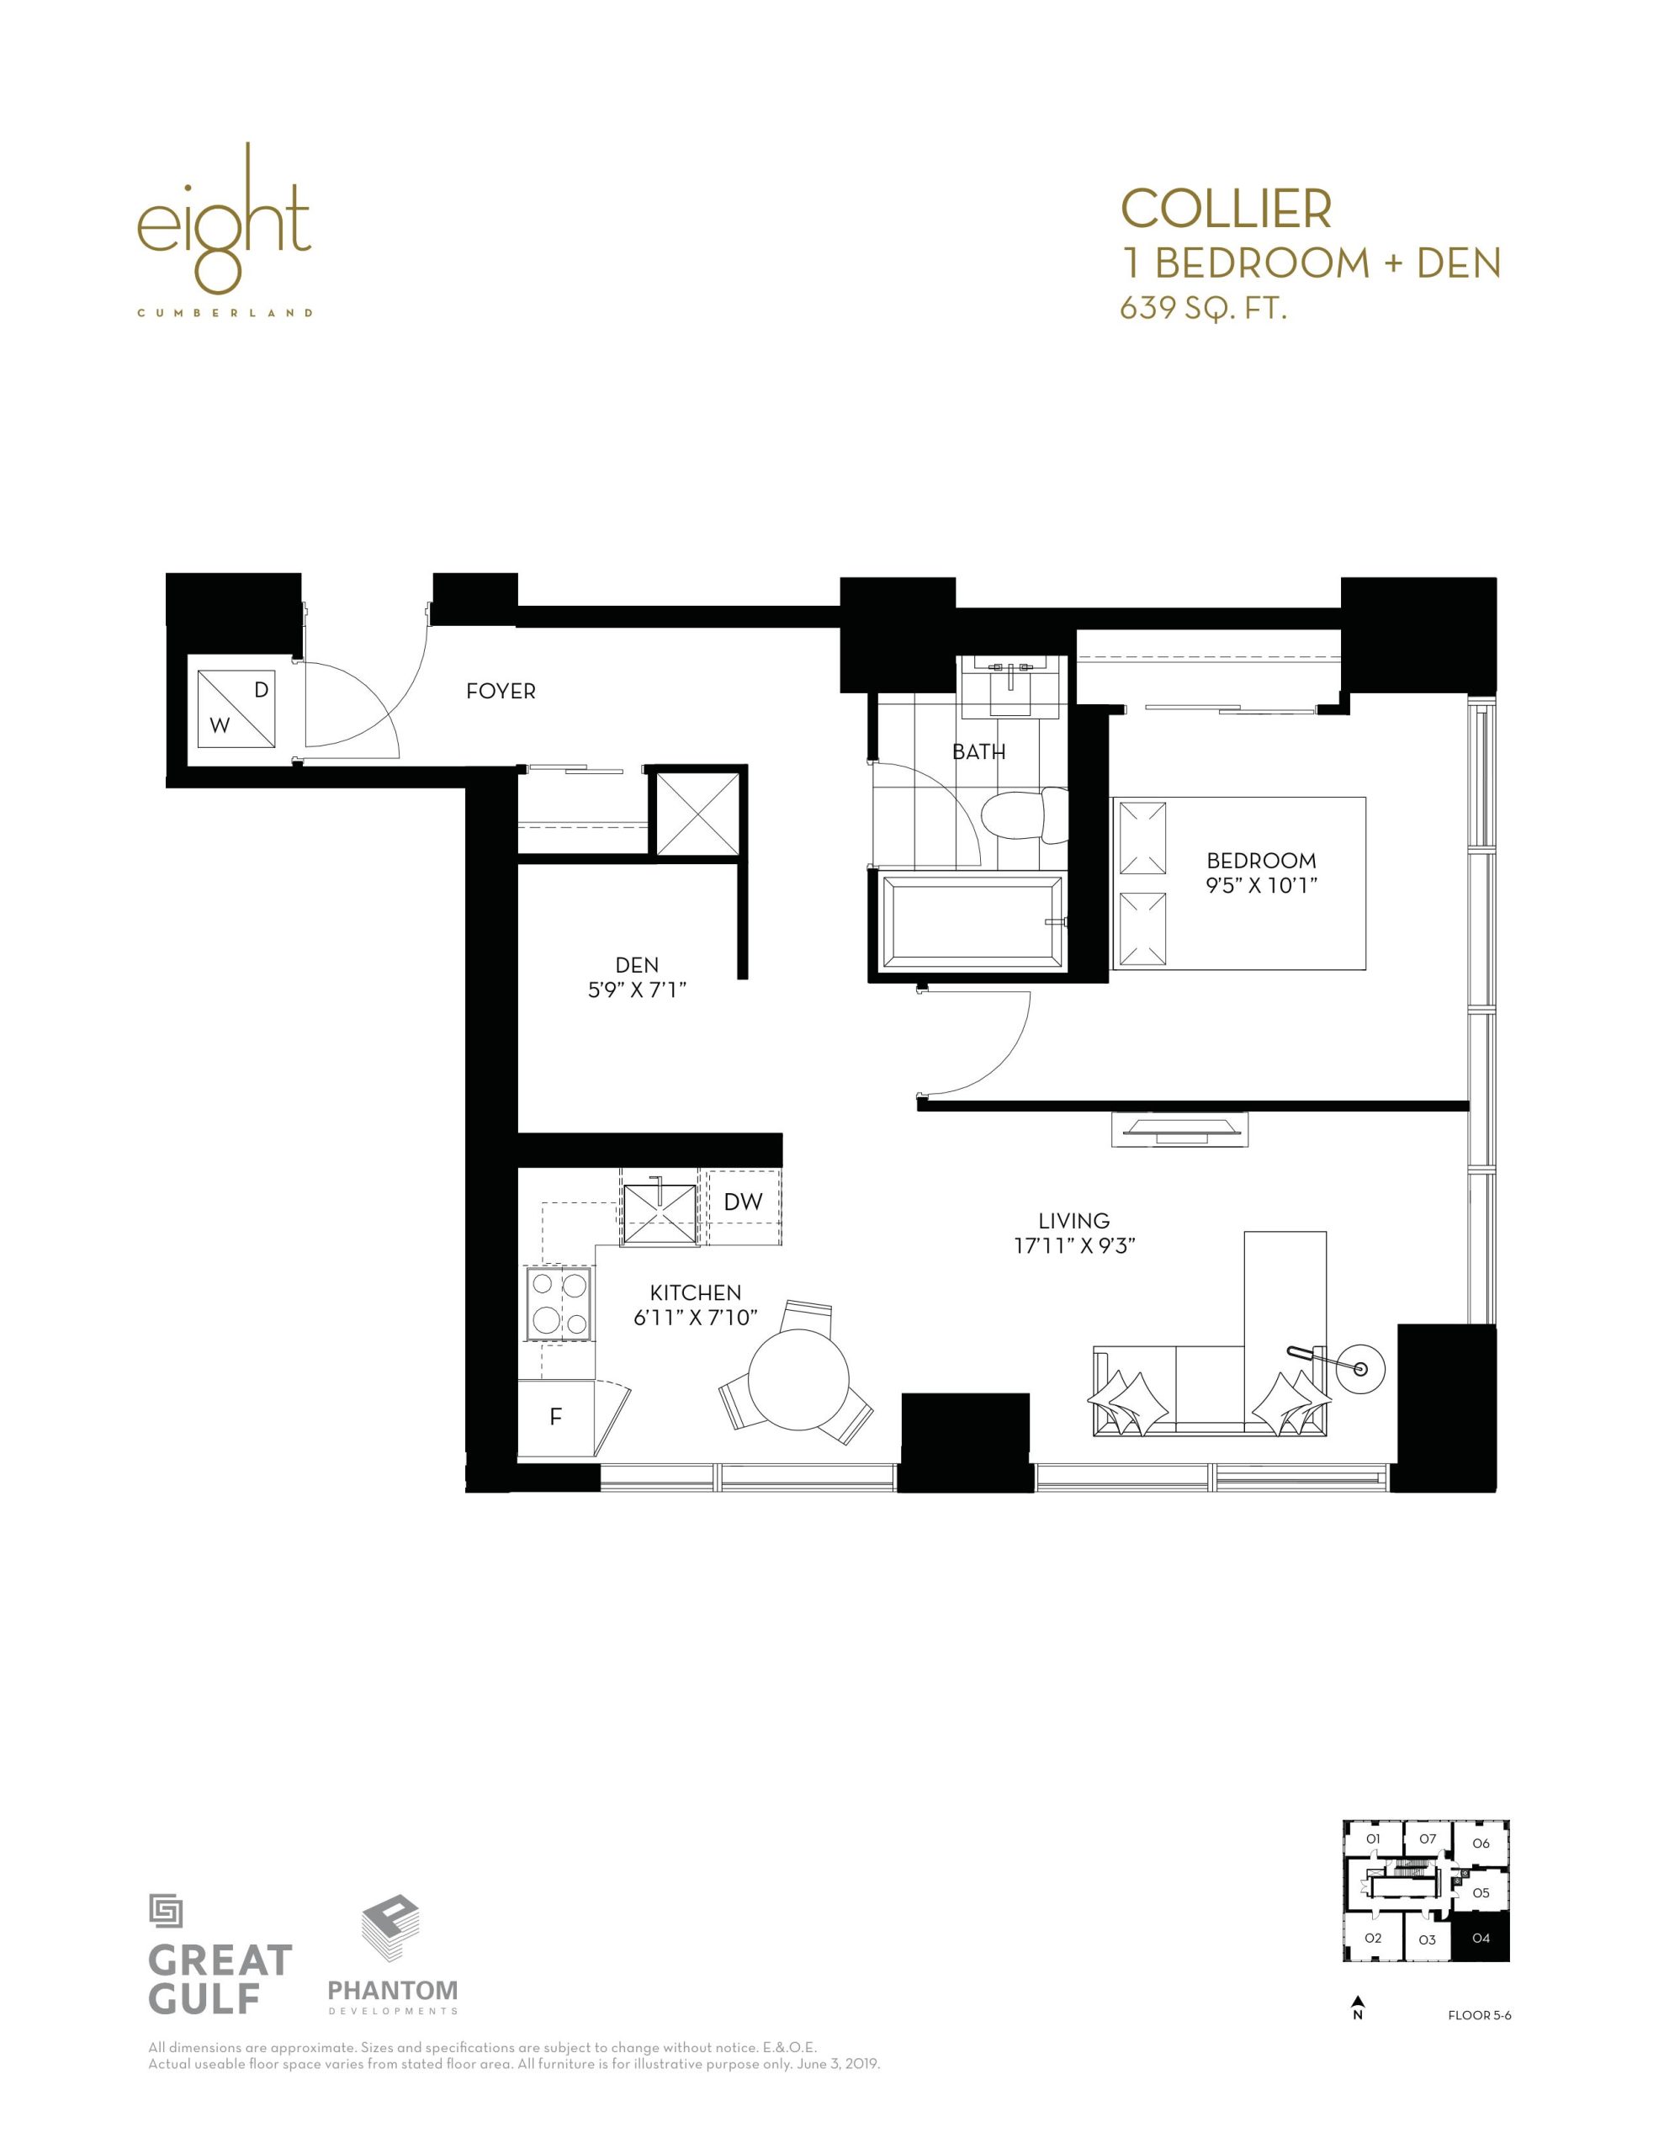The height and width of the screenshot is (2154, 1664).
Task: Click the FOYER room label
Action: (500, 692)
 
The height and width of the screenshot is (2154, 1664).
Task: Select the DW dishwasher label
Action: (743, 1202)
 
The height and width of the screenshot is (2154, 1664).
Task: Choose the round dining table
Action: (799, 1379)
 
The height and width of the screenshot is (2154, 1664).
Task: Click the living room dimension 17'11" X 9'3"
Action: (1074, 1244)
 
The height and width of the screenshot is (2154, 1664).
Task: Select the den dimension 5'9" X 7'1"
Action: (636, 989)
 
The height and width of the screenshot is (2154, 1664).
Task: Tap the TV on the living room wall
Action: (1179, 1129)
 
